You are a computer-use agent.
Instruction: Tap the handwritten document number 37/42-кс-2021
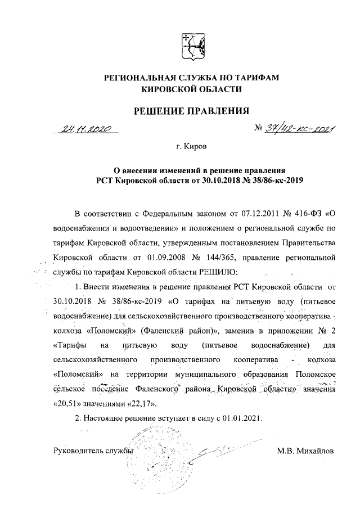298,129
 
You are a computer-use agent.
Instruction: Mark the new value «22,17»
137,403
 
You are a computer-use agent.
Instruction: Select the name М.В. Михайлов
305,451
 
